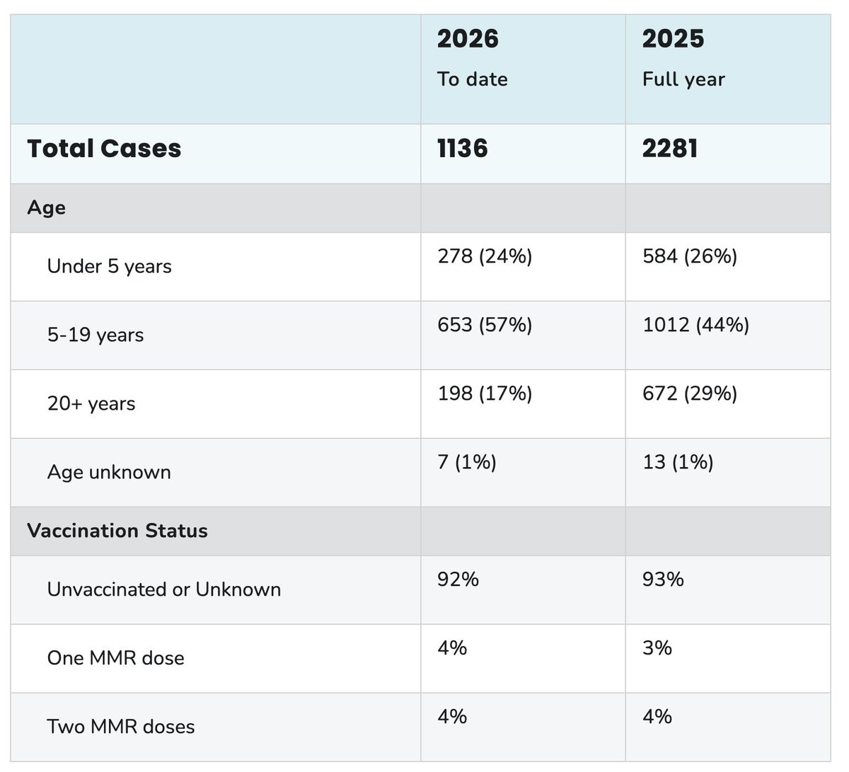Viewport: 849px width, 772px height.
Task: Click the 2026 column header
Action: coord(468,39)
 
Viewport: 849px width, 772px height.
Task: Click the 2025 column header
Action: coord(673,39)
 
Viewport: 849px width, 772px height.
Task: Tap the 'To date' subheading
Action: coord(473,79)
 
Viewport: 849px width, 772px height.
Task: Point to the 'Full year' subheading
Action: coord(683,79)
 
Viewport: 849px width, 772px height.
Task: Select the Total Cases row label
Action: coord(104,149)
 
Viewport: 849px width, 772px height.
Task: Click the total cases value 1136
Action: coord(463,149)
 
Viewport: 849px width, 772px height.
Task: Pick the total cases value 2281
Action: coord(670,149)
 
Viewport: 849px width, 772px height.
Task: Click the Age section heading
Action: coord(47,208)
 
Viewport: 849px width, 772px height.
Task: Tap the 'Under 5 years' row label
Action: coord(110,267)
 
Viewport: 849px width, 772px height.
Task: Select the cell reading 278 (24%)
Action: coord(485,256)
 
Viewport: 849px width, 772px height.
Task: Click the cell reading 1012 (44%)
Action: coord(695,325)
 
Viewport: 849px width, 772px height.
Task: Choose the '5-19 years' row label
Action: coord(96,335)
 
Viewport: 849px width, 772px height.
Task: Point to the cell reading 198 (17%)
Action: coord(485,393)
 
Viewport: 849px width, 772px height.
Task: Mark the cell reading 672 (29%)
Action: coord(690,393)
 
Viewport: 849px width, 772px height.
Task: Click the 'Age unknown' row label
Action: coord(109,472)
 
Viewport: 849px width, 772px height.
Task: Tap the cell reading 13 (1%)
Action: coord(678,462)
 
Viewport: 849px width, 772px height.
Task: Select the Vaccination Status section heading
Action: coord(117,531)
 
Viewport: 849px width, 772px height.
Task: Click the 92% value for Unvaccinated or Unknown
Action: coord(458,580)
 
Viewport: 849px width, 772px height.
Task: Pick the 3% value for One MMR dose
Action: coord(657,648)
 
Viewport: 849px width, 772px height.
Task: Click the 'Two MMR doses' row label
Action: coord(121,727)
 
